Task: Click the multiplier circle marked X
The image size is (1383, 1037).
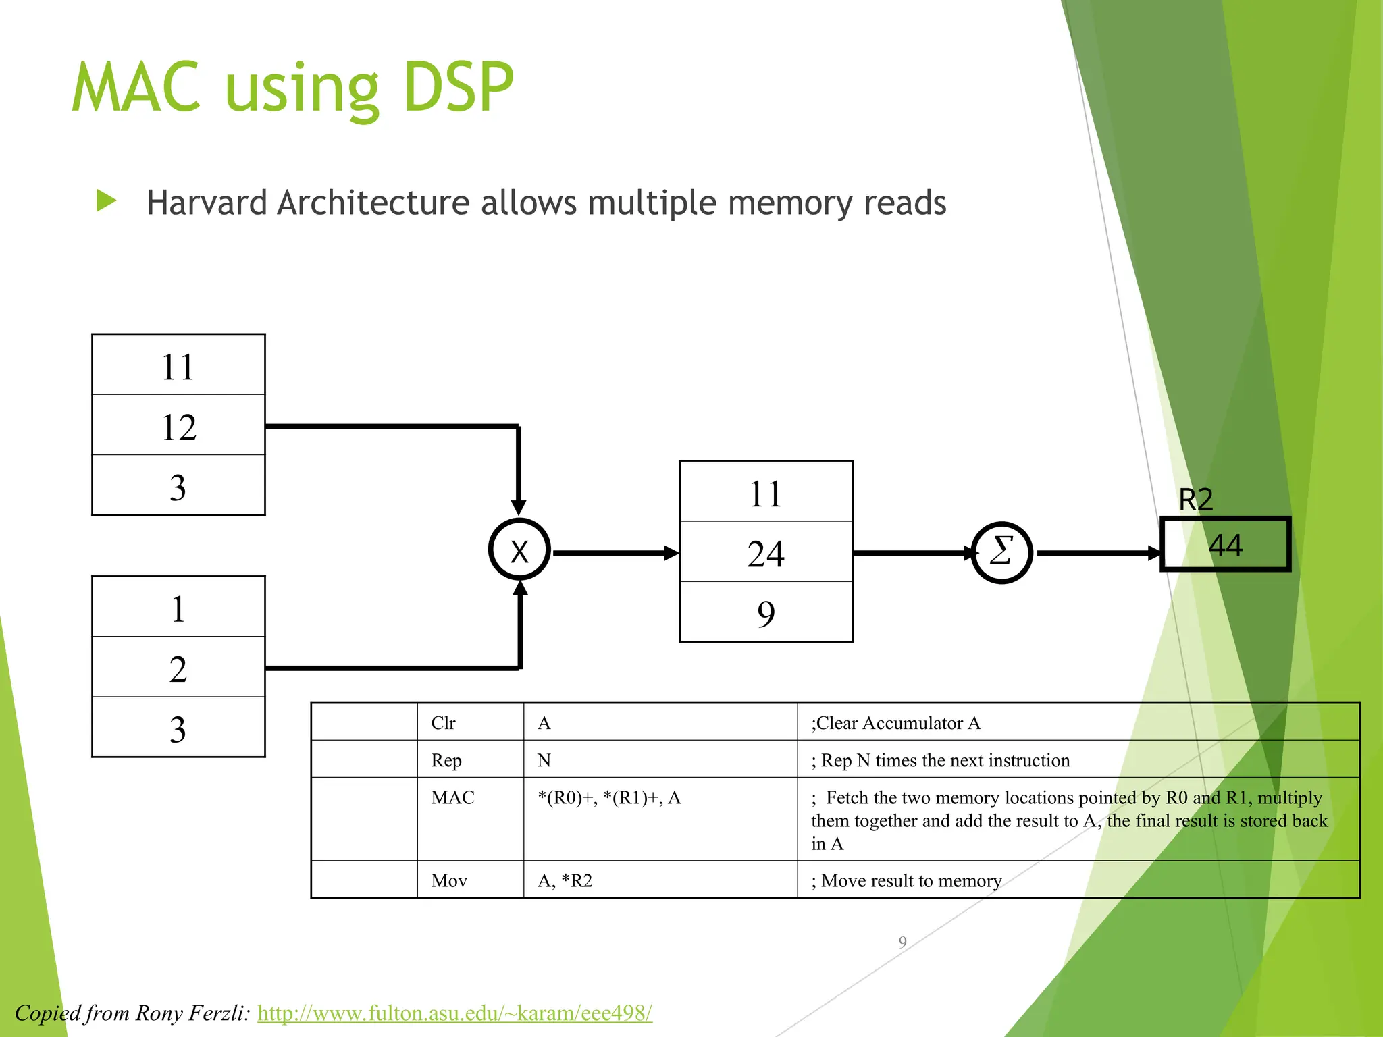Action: click(519, 550)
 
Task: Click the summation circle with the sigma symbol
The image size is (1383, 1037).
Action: click(1001, 552)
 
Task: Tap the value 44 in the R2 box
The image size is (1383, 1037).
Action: click(1225, 545)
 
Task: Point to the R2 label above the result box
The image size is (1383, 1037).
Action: click(1195, 500)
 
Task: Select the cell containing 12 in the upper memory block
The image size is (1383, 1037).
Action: click(178, 426)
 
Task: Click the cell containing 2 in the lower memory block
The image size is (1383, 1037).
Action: click(178, 668)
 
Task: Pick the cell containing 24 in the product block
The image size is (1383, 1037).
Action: click(766, 553)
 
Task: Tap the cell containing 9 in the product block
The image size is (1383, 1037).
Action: click(766, 613)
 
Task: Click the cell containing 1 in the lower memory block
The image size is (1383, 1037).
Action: click(178, 608)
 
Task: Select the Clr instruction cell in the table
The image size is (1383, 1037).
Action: click(444, 723)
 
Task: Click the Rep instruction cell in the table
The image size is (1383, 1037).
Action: click(447, 760)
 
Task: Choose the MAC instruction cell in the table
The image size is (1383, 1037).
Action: click(453, 798)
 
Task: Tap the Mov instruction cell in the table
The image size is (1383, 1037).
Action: click(450, 880)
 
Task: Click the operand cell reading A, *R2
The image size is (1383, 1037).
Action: click(565, 880)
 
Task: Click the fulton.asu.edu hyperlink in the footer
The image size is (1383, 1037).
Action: click(454, 1013)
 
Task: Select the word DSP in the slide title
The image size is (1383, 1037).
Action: click(459, 88)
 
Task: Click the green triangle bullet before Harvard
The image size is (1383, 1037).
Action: click(107, 201)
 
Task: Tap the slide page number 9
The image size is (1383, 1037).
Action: click(902, 942)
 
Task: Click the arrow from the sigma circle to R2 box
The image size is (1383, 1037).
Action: click(1097, 553)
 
